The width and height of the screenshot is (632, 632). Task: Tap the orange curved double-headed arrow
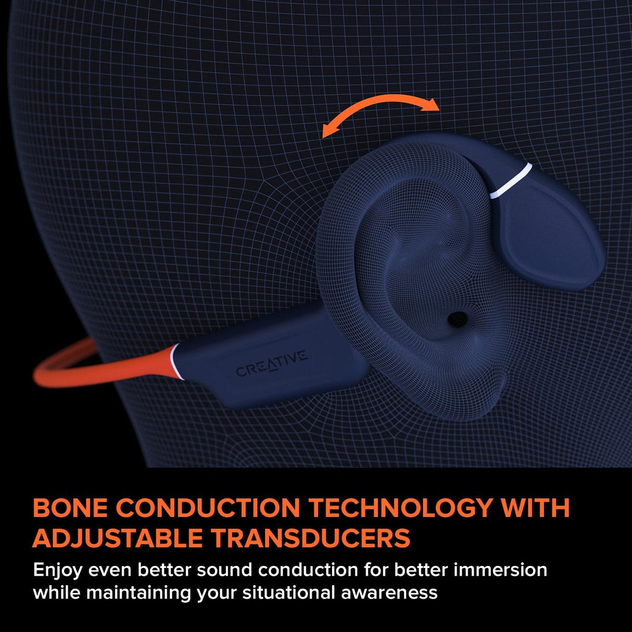tap(381, 108)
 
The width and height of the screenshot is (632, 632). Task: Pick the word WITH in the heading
tap(537, 508)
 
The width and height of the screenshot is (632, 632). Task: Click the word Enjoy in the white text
tap(57, 571)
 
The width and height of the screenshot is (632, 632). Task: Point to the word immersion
tap(500, 570)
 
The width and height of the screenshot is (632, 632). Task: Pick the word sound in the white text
tap(224, 570)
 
